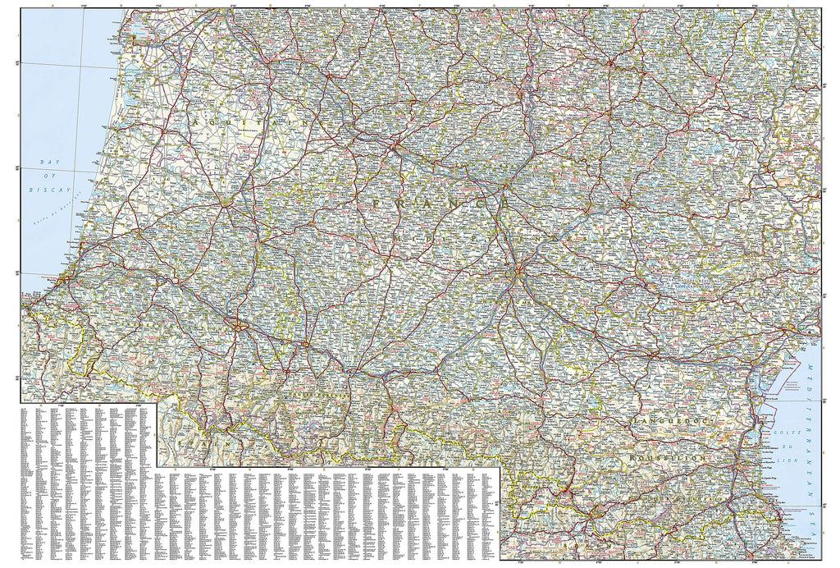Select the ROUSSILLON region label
(667, 456)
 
